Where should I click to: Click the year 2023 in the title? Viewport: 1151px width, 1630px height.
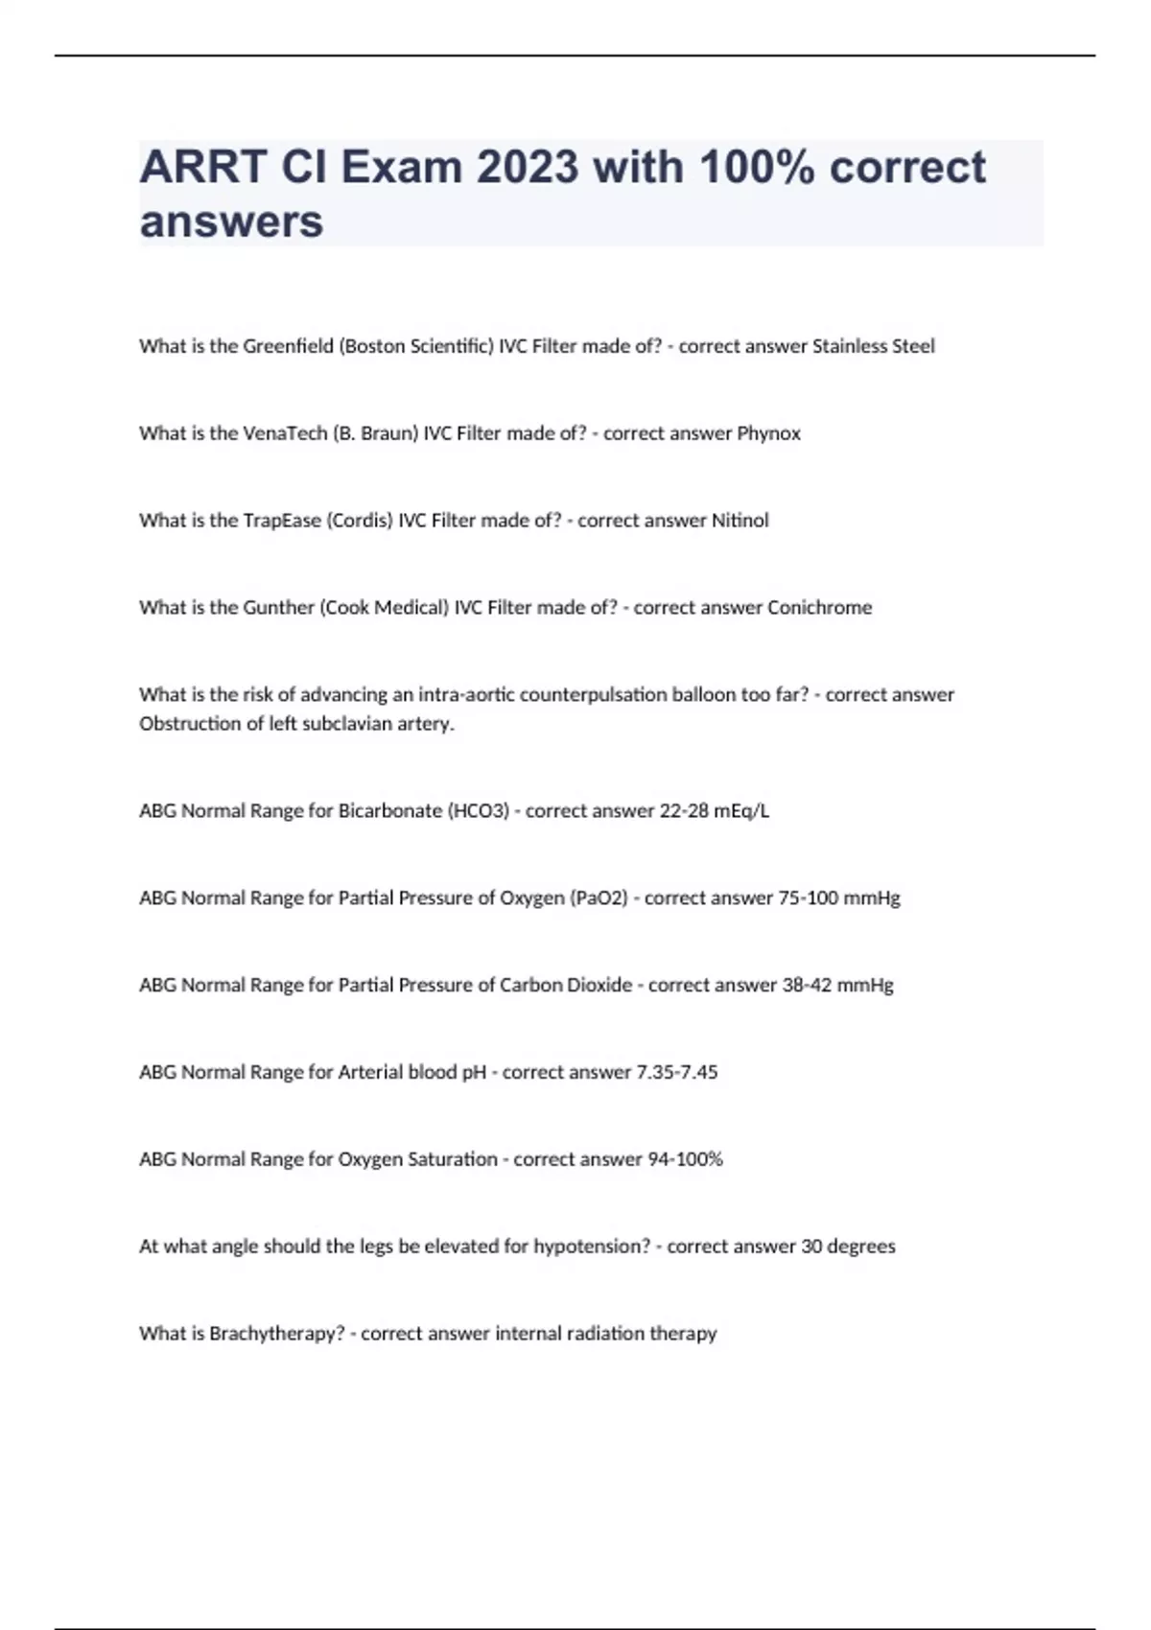coord(528,168)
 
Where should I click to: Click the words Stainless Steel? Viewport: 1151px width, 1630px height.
coord(873,346)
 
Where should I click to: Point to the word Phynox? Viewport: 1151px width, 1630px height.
coord(768,433)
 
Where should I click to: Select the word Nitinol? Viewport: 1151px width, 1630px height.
coord(740,521)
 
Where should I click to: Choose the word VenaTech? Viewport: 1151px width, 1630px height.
coord(285,433)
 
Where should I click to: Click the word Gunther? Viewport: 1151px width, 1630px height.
coord(278,608)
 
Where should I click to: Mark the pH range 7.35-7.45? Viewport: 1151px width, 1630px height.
coord(677,1073)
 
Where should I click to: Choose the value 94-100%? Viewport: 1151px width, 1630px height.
coord(685,1160)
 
